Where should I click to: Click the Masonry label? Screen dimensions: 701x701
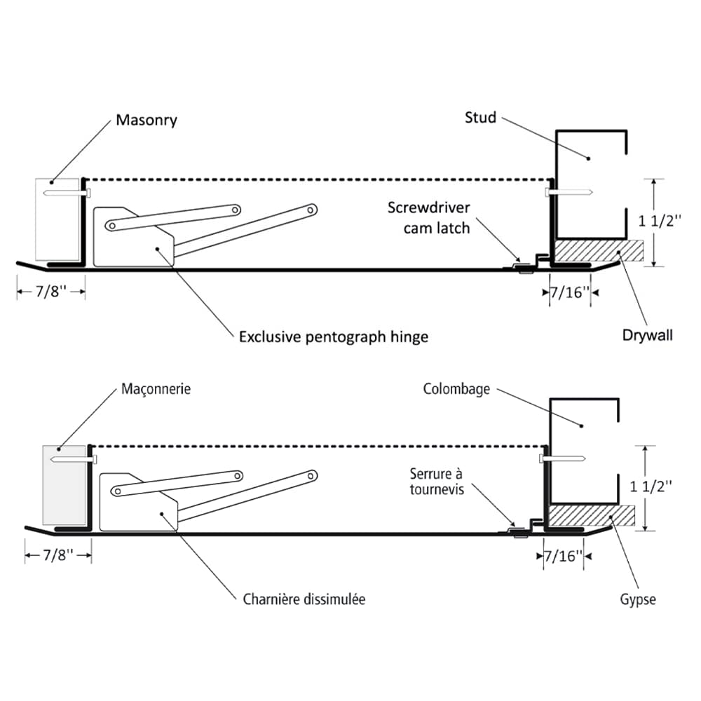pos(146,120)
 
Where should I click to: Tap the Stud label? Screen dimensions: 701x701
pos(480,116)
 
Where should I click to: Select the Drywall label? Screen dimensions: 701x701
pos(647,335)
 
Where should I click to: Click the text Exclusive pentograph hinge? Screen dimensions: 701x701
pos(333,336)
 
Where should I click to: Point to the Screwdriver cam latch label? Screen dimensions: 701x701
pos(429,218)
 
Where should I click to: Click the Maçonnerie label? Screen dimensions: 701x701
pos(156,388)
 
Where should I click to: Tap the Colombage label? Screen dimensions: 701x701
pos(456,389)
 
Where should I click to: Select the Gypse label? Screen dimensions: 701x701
pos(637,600)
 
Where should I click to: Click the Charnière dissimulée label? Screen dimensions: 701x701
pos(304,599)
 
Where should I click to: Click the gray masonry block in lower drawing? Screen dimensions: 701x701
pos(64,484)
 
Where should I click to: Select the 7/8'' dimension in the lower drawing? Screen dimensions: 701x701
pos(58,556)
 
